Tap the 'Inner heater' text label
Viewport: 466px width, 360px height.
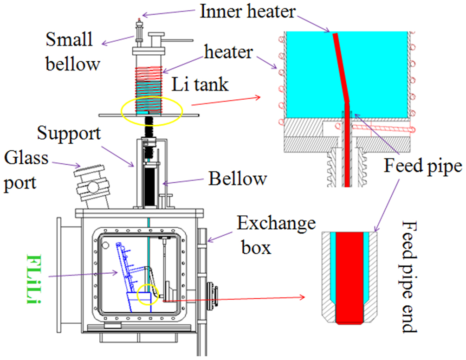pos(247,11)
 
